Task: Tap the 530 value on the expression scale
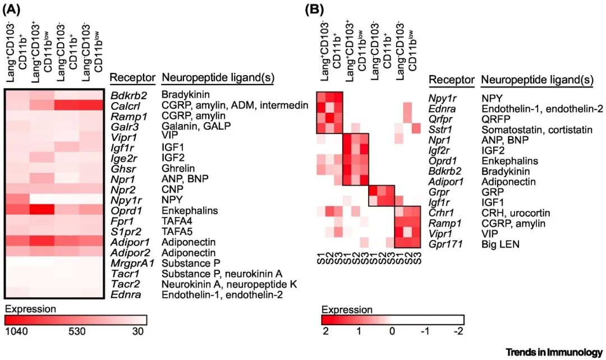(76, 331)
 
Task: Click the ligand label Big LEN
(499, 244)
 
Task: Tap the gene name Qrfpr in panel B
(441, 119)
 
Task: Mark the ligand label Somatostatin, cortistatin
(536, 130)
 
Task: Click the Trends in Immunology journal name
(554, 352)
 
